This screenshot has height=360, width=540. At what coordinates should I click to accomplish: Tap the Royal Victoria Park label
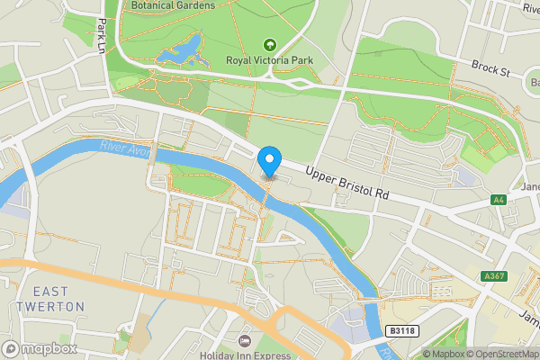click(x=267, y=61)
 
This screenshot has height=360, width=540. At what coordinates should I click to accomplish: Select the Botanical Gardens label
click(x=173, y=5)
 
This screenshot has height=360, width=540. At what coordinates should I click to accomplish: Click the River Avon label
click(x=124, y=148)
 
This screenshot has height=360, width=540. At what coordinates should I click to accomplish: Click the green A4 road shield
click(x=499, y=200)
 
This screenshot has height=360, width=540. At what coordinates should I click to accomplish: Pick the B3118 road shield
click(x=401, y=331)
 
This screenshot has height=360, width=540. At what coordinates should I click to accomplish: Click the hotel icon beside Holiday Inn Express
click(x=244, y=341)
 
